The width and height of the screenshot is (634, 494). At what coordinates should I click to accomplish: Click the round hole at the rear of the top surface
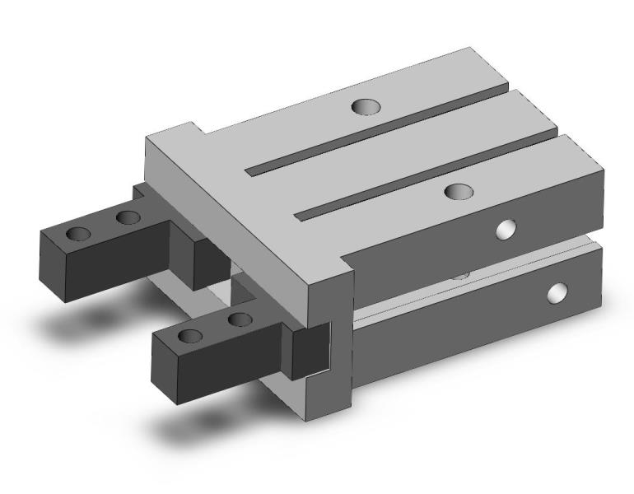point(362,106)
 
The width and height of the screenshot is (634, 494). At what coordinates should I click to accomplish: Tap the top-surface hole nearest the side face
point(457,191)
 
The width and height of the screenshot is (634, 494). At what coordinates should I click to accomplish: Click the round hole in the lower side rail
point(557,291)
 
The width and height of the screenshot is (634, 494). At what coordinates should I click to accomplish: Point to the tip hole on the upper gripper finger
point(79,233)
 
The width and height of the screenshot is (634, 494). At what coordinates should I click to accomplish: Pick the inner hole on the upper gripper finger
point(127,217)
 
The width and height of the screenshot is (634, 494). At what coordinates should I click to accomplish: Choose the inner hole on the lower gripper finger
point(239,319)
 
